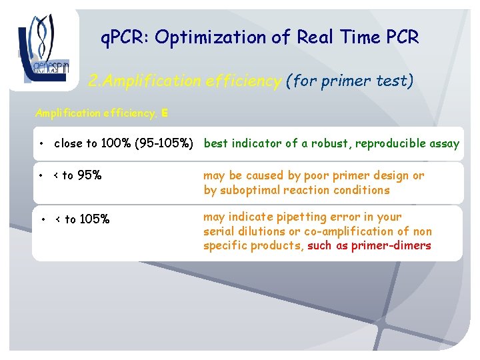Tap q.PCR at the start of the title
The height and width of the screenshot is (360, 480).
(124, 38)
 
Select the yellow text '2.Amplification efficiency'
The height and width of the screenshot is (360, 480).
(185, 81)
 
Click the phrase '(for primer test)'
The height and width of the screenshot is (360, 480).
(349, 81)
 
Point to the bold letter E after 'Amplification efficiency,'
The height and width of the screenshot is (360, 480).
(164, 113)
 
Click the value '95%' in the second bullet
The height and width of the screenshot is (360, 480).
(89, 176)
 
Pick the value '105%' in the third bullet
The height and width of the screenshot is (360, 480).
(94, 219)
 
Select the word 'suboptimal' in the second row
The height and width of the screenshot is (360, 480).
(250, 190)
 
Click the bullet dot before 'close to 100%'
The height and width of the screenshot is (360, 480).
(42, 144)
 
